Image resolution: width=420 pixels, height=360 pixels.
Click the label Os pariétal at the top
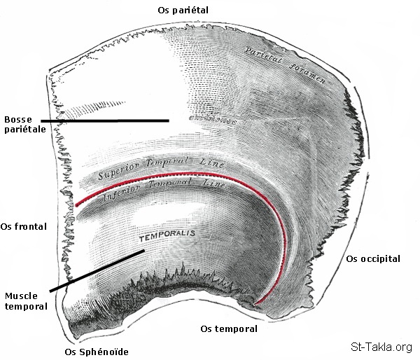pos(183,9)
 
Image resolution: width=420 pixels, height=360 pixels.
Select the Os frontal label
pos(24,226)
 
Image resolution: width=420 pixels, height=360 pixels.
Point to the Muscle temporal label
pos(26,301)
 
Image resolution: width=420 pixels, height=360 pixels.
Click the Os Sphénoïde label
pos(97,352)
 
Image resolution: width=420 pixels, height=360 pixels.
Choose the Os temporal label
pos(229,328)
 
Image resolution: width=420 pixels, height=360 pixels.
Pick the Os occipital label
pos(373,258)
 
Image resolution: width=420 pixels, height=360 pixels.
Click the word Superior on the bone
pos(120,171)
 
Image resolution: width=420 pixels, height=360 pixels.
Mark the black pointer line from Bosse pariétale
pos(105,120)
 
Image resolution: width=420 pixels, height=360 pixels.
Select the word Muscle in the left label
pos(22,296)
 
